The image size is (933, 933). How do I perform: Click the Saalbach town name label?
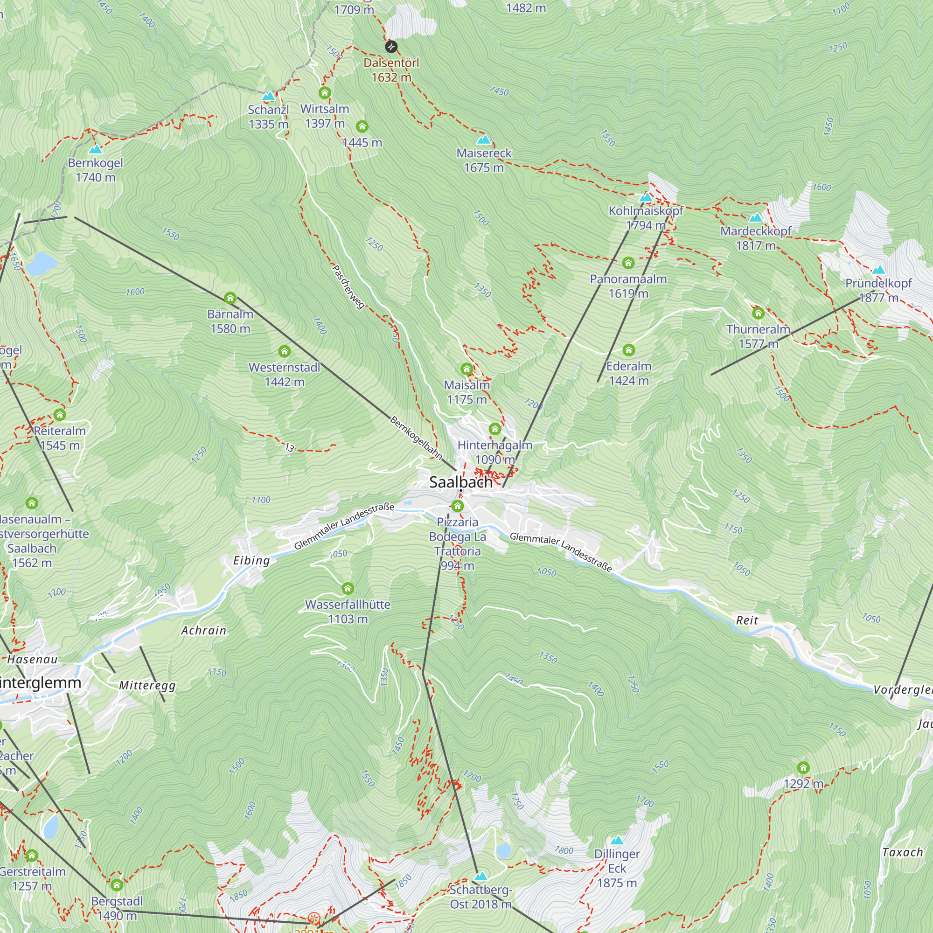tap(461, 482)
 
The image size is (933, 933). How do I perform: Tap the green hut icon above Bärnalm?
tap(230, 298)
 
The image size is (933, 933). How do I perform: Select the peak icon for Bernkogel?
tap(96, 149)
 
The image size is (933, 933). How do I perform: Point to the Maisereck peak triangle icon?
tap(483, 140)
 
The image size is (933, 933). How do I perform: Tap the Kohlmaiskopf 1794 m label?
tap(646, 218)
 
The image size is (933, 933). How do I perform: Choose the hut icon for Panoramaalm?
tap(628, 263)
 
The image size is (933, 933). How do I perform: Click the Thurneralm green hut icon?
tap(758, 313)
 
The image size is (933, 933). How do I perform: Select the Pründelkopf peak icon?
tap(878, 270)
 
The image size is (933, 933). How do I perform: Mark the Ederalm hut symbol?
tap(628, 349)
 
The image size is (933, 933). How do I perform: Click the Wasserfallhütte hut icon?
tap(348, 588)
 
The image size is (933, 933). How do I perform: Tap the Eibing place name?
tap(251, 560)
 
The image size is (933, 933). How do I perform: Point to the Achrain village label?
tap(204, 630)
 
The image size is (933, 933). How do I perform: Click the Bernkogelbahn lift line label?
tap(416, 438)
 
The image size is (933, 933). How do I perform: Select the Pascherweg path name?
tap(348, 287)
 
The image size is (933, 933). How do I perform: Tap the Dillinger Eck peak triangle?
tap(617, 841)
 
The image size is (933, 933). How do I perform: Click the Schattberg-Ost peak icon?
tap(480, 876)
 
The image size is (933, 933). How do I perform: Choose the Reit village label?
tap(746, 620)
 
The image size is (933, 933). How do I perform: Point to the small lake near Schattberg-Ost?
tap(503, 850)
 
